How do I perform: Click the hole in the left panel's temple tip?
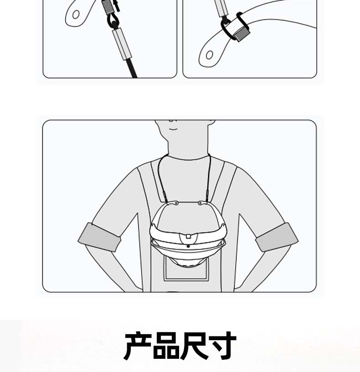click(76, 15)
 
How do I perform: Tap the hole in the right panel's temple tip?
click(209, 55)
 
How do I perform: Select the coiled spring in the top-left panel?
click(108, 7)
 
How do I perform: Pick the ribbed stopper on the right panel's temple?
click(241, 33)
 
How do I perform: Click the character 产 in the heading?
click(138, 346)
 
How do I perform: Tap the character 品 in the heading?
click(166, 346)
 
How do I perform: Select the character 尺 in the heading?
click(194, 346)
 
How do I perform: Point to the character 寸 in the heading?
click(222, 346)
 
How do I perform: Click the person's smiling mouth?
click(173, 129)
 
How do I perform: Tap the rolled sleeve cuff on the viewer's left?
click(100, 237)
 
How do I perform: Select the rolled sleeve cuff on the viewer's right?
click(277, 237)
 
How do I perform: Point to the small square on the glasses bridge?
click(188, 236)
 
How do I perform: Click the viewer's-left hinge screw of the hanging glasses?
click(176, 203)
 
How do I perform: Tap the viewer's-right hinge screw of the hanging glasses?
click(200, 203)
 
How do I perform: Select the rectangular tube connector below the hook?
click(122, 43)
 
